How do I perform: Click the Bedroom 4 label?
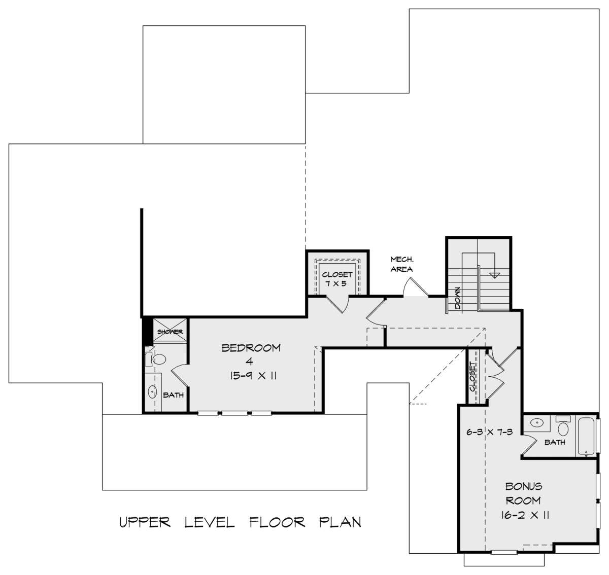(251, 354)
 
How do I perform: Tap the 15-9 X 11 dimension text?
(253, 376)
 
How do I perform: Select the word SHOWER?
(170, 332)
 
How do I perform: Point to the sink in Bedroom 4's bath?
(152, 391)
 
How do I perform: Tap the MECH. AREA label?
(402, 264)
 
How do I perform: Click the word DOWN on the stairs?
(458, 298)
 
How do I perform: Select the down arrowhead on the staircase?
(494, 275)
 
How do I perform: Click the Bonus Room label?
(523, 493)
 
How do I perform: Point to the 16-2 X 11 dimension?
(525, 515)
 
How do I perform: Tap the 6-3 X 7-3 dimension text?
(490, 432)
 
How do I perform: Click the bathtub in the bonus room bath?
(586, 436)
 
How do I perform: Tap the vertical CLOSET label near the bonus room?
(473, 377)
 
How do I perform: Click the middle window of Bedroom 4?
(234, 413)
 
